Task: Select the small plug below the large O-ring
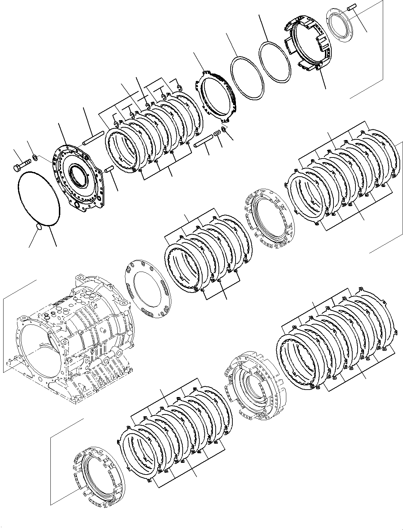40,227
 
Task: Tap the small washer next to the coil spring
224,129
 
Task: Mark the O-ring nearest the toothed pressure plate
247,77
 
